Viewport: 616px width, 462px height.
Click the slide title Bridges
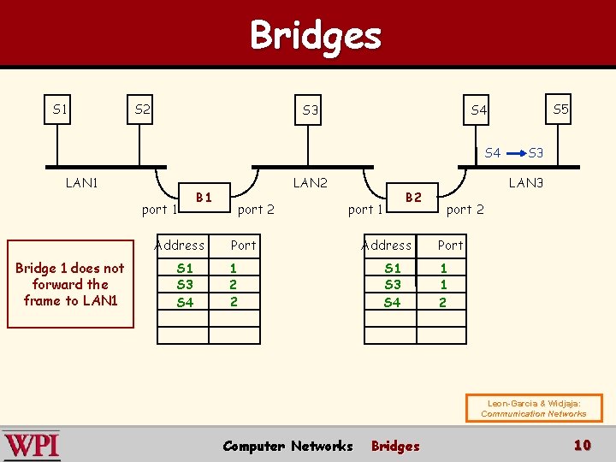(315, 36)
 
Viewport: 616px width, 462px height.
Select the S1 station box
(59, 110)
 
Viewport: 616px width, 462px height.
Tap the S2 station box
(142, 110)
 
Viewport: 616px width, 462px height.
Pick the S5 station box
(560, 110)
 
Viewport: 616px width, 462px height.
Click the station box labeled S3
(311, 110)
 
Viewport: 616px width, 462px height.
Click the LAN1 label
(81, 182)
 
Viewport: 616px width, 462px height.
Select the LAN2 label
(310, 182)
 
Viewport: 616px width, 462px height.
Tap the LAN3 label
(525, 182)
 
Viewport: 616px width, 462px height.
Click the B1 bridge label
(204, 198)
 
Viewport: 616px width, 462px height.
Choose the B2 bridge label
(413, 198)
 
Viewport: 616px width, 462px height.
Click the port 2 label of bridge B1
(256, 210)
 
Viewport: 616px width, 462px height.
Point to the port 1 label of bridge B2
(366, 210)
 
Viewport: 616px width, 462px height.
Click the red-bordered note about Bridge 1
(70, 285)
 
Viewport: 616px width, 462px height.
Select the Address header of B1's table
(180, 246)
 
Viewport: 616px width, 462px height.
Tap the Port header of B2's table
(450, 246)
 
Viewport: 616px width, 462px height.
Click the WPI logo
(32, 446)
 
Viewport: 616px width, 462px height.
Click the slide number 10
(583, 445)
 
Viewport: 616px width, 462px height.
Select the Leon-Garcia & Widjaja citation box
(534, 408)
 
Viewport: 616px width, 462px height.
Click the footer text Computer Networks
(287, 446)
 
